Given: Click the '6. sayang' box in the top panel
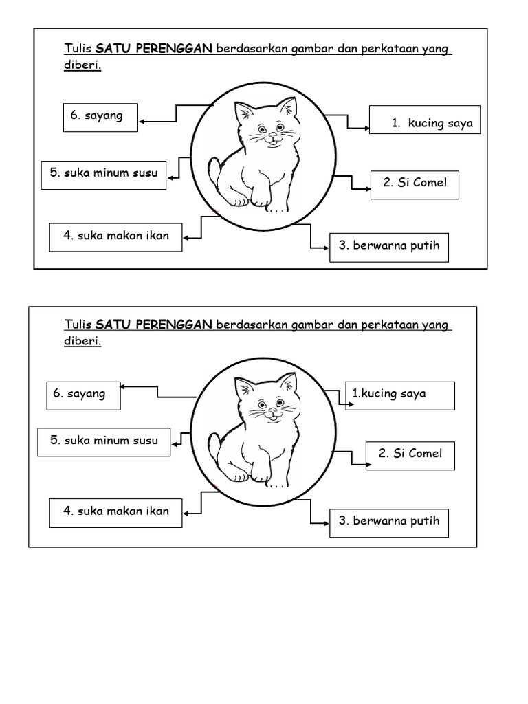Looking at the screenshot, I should (100, 117).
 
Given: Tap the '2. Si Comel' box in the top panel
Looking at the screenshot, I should (415, 184).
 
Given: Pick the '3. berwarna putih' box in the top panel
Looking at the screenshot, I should (389, 246).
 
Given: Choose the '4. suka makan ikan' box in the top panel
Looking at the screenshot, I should (115, 236).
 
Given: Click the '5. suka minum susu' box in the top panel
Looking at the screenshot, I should (104, 174).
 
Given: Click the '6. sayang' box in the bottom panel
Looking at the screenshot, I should (83, 395).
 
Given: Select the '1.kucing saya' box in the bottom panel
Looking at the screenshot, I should (399, 395).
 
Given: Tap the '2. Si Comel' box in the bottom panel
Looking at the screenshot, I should (410, 454).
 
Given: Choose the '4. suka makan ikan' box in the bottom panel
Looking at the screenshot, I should (115, 512).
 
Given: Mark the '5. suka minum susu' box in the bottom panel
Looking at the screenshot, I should (104, 441).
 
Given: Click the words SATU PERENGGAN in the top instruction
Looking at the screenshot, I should (154, 49).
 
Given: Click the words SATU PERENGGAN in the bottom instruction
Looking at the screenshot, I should (154, 324).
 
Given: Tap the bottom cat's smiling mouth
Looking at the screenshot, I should (273, 415).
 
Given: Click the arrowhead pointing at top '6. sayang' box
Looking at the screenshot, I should (142, 122).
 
